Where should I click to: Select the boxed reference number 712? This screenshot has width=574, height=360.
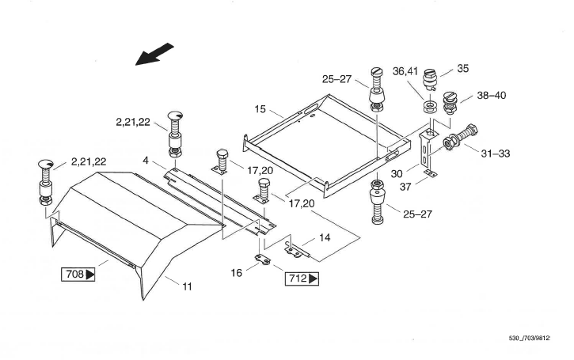click(x=302, y=279)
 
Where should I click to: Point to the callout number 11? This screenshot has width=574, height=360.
click(x=187, y=286)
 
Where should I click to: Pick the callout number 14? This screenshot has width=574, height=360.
click(x=325, y=237)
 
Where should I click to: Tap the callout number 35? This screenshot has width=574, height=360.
click(x=462, y=69)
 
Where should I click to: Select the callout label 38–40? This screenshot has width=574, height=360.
click(x=491, y=96)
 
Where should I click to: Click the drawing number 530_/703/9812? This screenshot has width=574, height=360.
click(x=529, y=339)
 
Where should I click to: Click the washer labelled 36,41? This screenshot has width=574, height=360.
click(x=430, y=105)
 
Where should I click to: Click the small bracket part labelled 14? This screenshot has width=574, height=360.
click(x=296, y=249)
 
